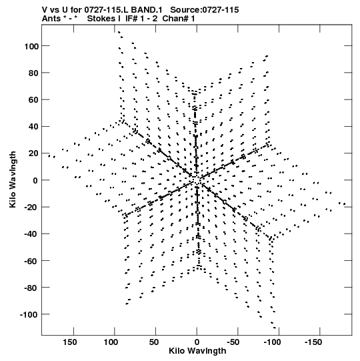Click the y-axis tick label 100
[31, 46]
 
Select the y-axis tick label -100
[29, 314]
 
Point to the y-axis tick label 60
[33, 100]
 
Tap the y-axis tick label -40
[31, 234]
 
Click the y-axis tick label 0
[35, 180]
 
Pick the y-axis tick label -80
[31, 288]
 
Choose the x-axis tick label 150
[70, 342]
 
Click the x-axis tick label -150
[313, 342]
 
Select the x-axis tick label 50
[153, 342]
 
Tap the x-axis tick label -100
[273, 342]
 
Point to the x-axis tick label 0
[197, 342]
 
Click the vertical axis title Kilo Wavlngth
[13, 179]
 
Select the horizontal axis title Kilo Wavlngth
[197, 351]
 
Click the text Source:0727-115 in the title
[205, 10]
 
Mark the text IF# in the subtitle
[131, 19]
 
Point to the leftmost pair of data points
[52, 157]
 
